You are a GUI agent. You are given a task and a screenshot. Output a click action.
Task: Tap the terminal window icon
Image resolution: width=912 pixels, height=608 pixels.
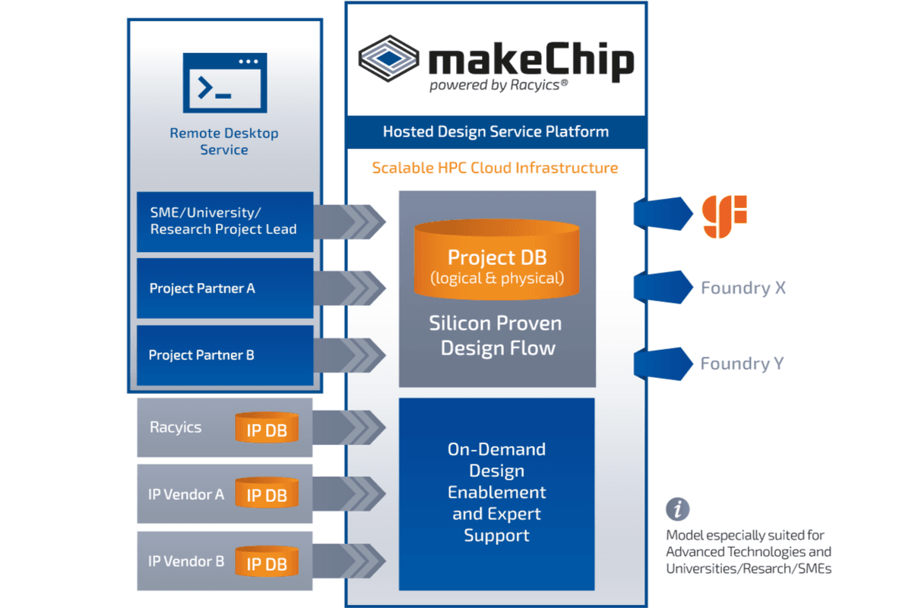pos(225,83)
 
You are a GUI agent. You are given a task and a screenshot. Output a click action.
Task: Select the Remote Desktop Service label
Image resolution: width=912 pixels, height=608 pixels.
pos(224,142)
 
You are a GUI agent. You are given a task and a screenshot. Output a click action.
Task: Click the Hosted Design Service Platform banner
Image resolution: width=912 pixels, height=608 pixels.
pos(496,132)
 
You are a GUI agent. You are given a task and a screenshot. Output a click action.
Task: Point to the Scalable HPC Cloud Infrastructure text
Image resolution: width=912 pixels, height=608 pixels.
pos(495,168)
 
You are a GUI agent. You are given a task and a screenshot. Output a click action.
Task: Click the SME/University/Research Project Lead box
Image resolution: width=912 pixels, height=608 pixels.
pos(225,221)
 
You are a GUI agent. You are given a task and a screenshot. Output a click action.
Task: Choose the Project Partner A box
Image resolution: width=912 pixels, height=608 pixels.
pos(225,288)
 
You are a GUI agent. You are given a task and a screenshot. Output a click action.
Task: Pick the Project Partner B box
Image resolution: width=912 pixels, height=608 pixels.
pos(225,355)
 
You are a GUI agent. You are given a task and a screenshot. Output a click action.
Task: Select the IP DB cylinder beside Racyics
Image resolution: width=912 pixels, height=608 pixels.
pos(266,430)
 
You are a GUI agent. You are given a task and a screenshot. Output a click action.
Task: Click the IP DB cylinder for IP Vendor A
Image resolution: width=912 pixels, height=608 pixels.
pos(266,496)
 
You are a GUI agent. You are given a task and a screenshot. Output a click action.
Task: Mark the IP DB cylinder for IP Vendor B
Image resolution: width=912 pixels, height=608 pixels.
pos(266,563)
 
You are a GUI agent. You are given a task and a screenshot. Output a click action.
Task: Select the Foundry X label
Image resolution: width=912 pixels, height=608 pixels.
pos(743,288)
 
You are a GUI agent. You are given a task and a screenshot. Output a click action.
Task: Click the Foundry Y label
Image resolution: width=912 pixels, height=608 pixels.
pos(742,364)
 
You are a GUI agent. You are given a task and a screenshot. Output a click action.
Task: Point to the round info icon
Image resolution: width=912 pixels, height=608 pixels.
pos(677,509)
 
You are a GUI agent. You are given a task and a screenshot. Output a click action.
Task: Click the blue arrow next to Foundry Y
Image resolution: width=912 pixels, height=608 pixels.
pos(662,363)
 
